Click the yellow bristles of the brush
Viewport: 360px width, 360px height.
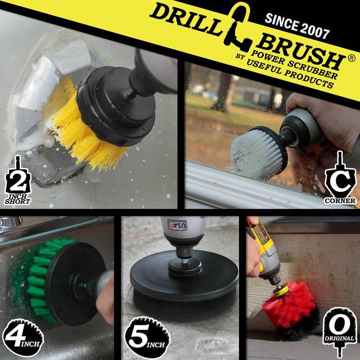pyautogui.click(x=81, y=130)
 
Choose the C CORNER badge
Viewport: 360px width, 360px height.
pyautogui.click(x=340, y=180)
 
